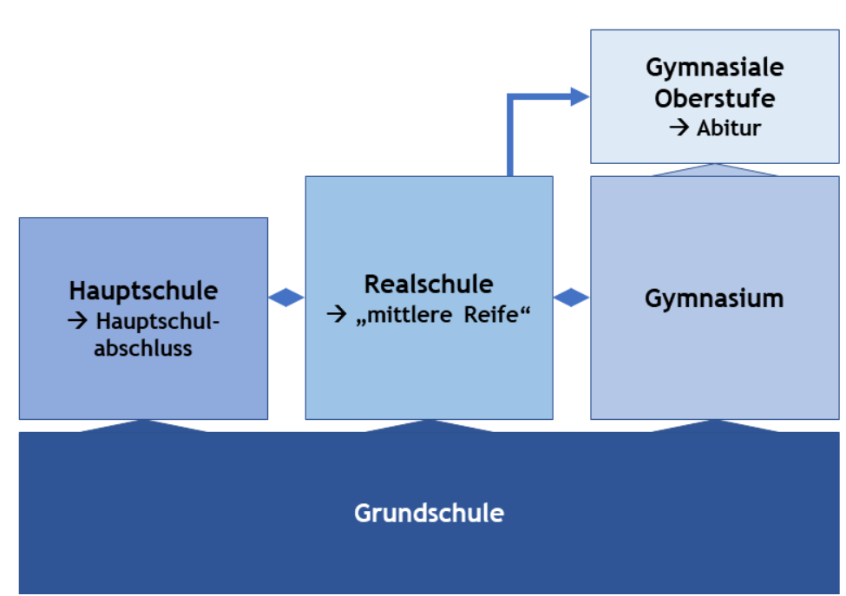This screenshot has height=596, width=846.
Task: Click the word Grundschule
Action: click(429, 513)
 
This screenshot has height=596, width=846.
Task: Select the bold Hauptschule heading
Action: click(143, 290)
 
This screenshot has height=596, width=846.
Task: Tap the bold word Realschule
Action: click(429, 284)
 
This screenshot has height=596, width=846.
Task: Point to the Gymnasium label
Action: click(714, 298)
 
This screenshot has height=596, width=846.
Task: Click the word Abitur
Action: click(729, 128)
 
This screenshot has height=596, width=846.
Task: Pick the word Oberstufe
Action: click(714, 98)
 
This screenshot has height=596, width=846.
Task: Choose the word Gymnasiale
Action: click(714, 68)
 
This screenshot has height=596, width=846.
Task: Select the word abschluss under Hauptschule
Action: click(143, 349)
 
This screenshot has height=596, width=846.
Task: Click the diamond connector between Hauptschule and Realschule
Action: click(286, 298)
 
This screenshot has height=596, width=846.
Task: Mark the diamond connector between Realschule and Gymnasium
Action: click(571, 298)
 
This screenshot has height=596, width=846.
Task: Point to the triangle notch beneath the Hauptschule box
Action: click(143, 425)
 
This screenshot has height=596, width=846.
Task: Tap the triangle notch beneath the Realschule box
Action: click(429, 425)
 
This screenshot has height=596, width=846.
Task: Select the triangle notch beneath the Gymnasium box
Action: click(714, 425)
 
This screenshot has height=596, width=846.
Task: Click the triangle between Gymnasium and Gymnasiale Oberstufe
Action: click(714, 170)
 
